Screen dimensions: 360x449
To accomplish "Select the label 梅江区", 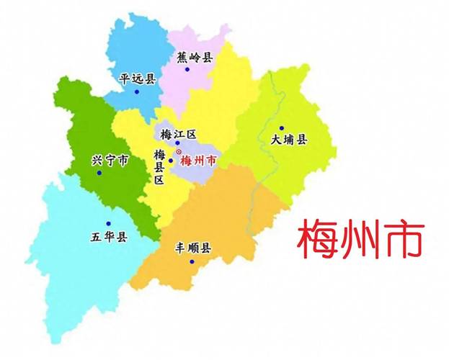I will [x=176, y=133].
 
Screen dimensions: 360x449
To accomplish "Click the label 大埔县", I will [x=288, y=140].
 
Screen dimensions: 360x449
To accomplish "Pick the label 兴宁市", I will [x=110, y=161].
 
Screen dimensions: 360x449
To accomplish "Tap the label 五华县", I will [x=109, y=236].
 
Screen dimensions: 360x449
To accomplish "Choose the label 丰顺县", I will [x=193, y=248].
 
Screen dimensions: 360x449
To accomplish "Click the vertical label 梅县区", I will [x=159, y=167].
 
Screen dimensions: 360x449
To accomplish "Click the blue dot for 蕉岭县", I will [x=187, y=70].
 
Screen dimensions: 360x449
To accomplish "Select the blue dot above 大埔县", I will [x=282, y=128].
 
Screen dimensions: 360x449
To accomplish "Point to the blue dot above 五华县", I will [x=108, y=223].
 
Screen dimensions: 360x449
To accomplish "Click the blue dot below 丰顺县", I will [x=192, y=261].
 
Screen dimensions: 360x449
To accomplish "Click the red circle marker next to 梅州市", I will [x=179, y=153].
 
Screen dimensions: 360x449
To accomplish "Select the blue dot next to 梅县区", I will [x=171, y=161].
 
